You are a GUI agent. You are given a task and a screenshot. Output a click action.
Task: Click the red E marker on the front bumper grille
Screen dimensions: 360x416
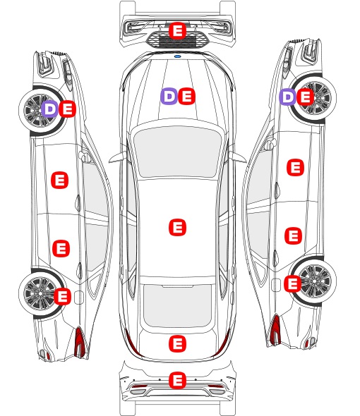[177, 31]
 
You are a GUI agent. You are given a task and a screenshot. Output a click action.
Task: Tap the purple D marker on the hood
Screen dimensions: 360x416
[169, 97]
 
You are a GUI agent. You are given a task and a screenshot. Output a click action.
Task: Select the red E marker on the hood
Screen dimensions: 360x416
[186, 97]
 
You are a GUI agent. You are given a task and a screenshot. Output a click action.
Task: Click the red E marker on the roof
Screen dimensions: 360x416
[177, 227]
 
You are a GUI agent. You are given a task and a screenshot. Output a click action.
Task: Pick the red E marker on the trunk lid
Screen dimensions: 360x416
[177, 344]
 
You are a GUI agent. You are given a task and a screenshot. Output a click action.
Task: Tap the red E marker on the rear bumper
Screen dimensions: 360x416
[177, 380]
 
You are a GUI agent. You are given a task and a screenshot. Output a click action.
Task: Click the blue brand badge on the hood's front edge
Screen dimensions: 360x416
[177, 56]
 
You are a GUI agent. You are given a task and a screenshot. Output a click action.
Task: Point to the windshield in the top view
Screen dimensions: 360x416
[177, 151]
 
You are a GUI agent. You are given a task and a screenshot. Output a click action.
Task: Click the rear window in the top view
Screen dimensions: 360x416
[177, 305]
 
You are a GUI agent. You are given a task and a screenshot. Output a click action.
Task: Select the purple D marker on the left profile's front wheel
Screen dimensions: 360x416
[49, 109]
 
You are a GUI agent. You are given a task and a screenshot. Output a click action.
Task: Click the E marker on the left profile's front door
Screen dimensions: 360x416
[59, 180]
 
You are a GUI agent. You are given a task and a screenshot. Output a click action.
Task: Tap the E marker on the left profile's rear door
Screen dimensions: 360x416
[61, 249]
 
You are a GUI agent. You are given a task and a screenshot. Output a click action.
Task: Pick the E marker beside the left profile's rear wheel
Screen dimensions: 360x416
[62, 296]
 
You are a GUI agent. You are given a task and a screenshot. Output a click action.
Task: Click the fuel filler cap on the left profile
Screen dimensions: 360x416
[79, 298]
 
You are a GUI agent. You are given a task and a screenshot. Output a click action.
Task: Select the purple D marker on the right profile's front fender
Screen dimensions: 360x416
[288, 97]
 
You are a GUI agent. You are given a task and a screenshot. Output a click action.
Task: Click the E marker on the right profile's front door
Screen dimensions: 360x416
[296, 167]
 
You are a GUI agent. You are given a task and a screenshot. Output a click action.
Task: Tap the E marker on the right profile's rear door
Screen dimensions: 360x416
[294, 235]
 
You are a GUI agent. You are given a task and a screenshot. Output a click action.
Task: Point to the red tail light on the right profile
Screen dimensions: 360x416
[275, 329]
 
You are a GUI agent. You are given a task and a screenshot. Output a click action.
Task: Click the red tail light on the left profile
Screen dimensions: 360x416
[80, 342]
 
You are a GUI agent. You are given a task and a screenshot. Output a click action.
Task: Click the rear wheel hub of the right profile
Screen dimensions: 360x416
[316, 281]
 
